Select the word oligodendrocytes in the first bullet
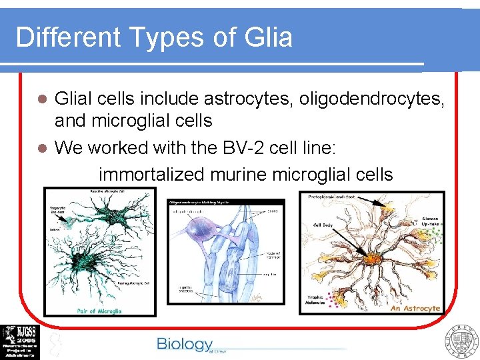(372, 99)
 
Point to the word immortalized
(152, 175)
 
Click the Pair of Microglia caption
(99, 310)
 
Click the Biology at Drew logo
(185, 345)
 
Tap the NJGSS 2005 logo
(20, 342)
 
